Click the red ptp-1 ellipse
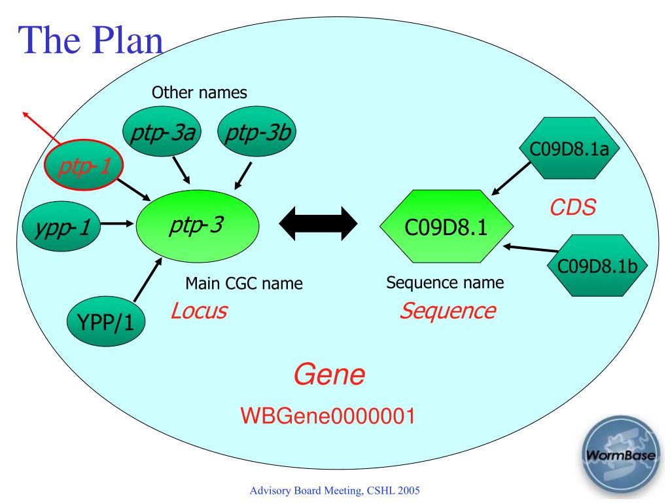coord(84,164)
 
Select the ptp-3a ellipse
coord(162,132)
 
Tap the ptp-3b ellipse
coord(256,132)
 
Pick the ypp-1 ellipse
coord(62,226)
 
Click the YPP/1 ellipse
coord(106,321)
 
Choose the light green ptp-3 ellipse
coord(198,225)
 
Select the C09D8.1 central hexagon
coord(446,226)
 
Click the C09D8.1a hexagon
coord(569,148)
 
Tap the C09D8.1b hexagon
coord(597,266)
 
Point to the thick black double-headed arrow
coord(319,223)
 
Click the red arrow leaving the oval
coord(42,127)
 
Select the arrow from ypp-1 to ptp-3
coord(118,223)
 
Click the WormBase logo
coord(620,455)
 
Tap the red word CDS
coord(573,208)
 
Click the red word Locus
coord(199,311)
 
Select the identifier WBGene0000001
coord(328,416)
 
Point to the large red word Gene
coord(329,375)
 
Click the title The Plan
coord(90,40)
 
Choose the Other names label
coord(200,92)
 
